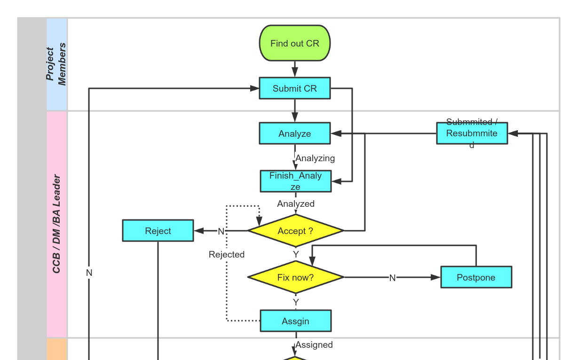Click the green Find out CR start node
(x=295, y=43)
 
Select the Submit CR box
(x=295, y=88)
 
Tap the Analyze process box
(x=295, y=133)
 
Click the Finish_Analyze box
(x=296, y=181)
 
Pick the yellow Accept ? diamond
(x=295, y=231)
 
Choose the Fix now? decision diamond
(x=295, y=277)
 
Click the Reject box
(x=158, y=231)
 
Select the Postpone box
(x=476, y=277)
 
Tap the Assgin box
(x=296, y=321)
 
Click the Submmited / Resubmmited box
(x=472, y=133)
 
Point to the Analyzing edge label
(x=315, y=158)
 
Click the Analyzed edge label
(x=296, y=204)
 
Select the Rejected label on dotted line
(x=227, y=254)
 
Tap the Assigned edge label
(x=314, y=345)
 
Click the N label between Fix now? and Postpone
(x=392, y=278)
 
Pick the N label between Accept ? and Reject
(x=221, y=231)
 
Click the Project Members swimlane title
(x=56, y=64)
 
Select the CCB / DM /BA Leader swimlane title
(x=56, y=224)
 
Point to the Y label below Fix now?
(x=296, y=302)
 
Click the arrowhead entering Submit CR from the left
(x=255, y=88)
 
